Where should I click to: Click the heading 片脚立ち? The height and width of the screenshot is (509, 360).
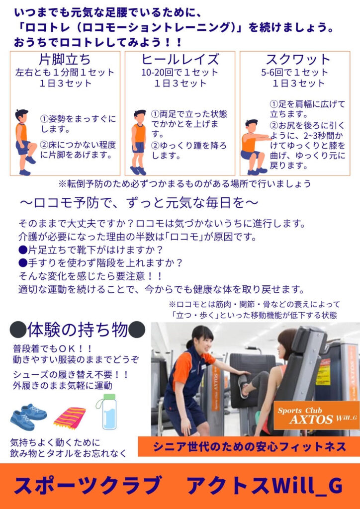pyautogui.click(x=65, y=60)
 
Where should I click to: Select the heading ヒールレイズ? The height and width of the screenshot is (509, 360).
pyautogui.click(x=180, y=60)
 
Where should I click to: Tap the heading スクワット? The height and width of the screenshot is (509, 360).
pyautogui.click(x=298, y=60)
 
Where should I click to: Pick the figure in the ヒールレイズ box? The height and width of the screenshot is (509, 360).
pyautogui.click(x=139, y=142)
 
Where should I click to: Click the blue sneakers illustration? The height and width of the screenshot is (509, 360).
pyautogui.click(x=28, y=417)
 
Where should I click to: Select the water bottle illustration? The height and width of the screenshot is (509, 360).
pyautogui.click(x=105, y=412)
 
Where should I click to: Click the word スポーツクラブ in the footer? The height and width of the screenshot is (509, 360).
pyautogui.click(x=88, y=486)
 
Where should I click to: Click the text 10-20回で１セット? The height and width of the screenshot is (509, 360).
pyautogui.click(x=180, y=73)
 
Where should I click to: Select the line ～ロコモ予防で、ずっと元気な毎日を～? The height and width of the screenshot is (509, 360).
pyautogui.click(x=139, y=203)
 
